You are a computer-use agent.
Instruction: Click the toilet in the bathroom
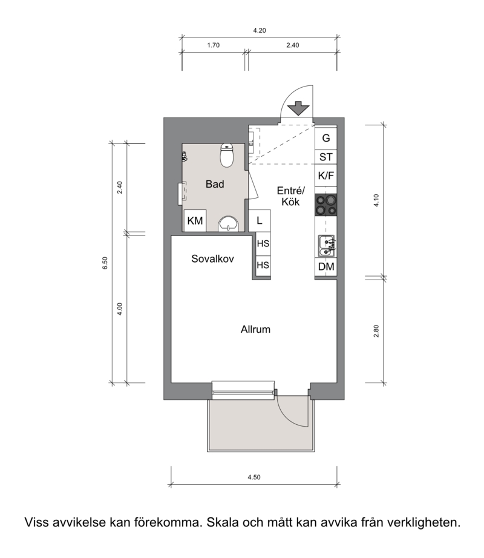226,155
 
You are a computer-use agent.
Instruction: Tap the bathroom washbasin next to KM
228,223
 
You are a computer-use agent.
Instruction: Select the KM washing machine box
195,221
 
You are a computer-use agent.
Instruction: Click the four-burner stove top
325,205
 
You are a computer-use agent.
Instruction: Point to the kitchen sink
326,246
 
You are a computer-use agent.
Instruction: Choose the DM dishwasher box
325,266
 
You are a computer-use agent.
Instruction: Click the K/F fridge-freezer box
325,176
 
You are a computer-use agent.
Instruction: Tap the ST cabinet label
325,157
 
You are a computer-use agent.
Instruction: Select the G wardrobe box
325,138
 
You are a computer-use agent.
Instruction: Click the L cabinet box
260,221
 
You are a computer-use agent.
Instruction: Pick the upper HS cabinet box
263,244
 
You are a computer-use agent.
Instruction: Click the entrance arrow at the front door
298,108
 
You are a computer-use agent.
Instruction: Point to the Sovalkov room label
213,258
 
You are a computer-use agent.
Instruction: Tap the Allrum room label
255,329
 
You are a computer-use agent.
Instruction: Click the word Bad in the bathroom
215,184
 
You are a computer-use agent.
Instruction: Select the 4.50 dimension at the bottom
254,478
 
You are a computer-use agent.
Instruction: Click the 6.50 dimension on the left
105,263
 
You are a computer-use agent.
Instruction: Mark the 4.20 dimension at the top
260,31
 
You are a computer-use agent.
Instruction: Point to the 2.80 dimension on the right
376,331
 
